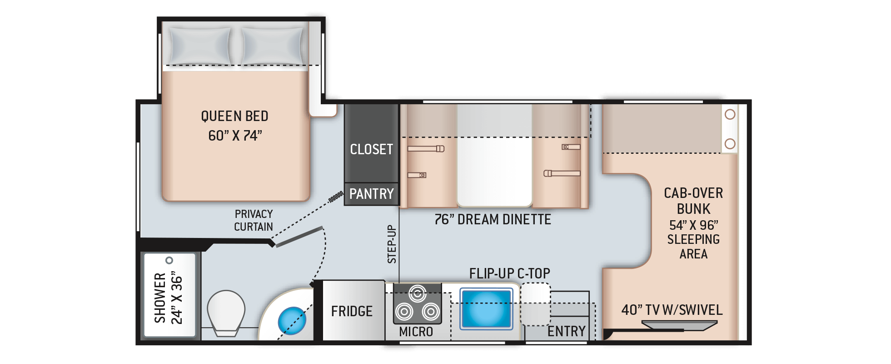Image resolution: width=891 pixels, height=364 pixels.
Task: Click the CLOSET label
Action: (x=371, y=149)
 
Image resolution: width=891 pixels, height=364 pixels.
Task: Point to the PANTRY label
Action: (x=371, y=194)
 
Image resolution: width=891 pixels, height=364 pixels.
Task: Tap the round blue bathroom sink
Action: (x=291, y=320)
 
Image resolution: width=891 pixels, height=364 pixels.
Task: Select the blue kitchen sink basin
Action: (x=486, y=308)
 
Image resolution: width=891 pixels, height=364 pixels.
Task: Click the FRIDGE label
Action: (x=352, y=311)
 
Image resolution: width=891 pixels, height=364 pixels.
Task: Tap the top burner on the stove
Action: (x=417, y=293)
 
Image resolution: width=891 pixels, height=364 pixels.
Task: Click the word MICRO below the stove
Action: (x=416, y=332)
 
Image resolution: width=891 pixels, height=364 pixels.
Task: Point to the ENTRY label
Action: (x=566, y=331)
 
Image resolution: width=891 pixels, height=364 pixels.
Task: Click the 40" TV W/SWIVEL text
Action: (x=672, y=310)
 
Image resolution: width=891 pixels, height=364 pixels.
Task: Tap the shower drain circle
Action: (x=169, y=260)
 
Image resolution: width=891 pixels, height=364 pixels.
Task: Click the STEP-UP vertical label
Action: (x=392, y=244)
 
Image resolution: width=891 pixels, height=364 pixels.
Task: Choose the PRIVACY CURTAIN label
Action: (x=254, y=220)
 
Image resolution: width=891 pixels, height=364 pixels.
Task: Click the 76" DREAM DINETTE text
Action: (x=493, y=220)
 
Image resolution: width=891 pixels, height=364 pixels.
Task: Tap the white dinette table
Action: (x=494, y=155)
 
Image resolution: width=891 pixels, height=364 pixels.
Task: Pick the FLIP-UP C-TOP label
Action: (x=509, y=273)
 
